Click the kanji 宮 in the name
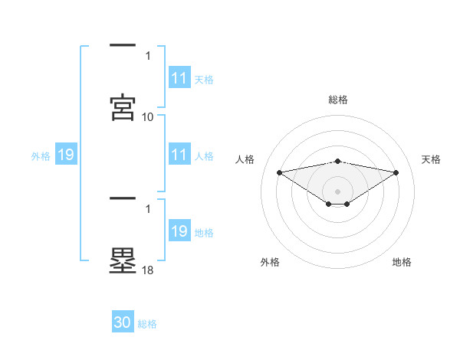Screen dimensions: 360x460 pos(123,107)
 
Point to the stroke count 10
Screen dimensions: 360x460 pos(148,116)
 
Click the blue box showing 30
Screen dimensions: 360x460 pos(123,322)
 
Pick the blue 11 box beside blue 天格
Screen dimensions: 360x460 pos(179,78)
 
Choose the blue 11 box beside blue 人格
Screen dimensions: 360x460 pos(179,155)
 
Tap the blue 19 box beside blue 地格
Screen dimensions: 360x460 pos(179,231)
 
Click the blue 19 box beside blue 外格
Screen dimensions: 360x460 pos(66,155)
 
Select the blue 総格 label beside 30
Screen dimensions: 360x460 pos(147,324)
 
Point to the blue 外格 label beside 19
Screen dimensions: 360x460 pos(41,156)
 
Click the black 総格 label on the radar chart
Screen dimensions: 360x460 pos(338,100)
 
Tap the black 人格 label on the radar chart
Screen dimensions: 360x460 pos(245,159)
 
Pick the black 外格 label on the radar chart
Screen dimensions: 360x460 pos(270,262)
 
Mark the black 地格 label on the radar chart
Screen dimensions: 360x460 pos(402,262)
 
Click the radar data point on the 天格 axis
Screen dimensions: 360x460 pos(396,172)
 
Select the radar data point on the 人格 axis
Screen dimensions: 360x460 pos(279,172)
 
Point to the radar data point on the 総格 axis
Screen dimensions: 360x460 pos(338,161)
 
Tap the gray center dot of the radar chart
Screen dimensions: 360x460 pos(338,191)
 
